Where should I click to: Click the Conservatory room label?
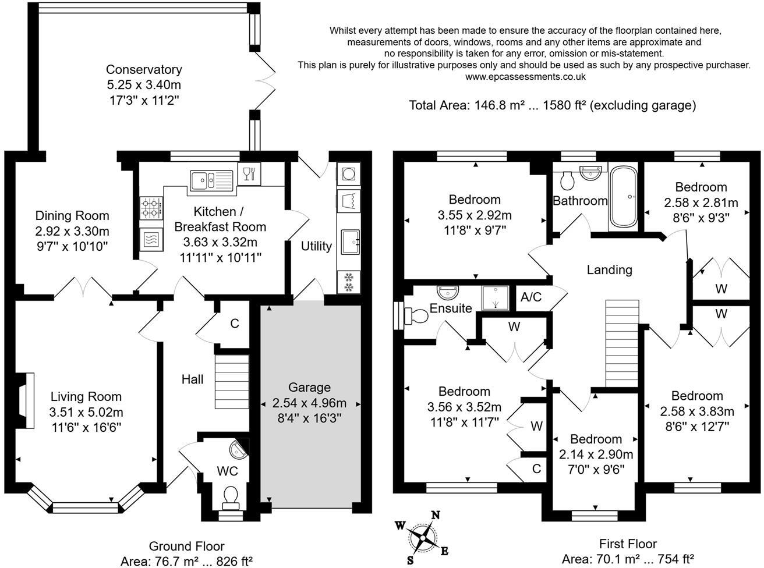pyautogui.click(x=144, y=70)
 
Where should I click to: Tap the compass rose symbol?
pyautogui.click(x=423, y=536)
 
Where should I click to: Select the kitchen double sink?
pyautogui.click(x=210, y=180)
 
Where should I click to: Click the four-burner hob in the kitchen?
pyautogui.click(x=150, y=208)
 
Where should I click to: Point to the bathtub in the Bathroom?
pyautogui.click(x=624, y=197)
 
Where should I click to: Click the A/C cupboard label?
pyautogui.click(x=530, y=297)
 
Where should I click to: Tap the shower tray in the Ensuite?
pyautogui.click(x=494, y=297)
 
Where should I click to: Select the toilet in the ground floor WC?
pyautogui.click(x=231, y=496)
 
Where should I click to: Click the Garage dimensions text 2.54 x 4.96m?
pyautogui.click(x=309, y=403)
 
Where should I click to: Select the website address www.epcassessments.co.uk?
pyautogui.click(x=525, y=76)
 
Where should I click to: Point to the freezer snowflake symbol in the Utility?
pyautogui.click(x=349, y=282)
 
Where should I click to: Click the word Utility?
pyautogui.click(x=316, y=246)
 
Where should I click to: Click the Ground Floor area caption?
pyautogui.click(x=186, y=553)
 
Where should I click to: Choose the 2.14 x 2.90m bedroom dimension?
pyautogui.click(x=596, y=454)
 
